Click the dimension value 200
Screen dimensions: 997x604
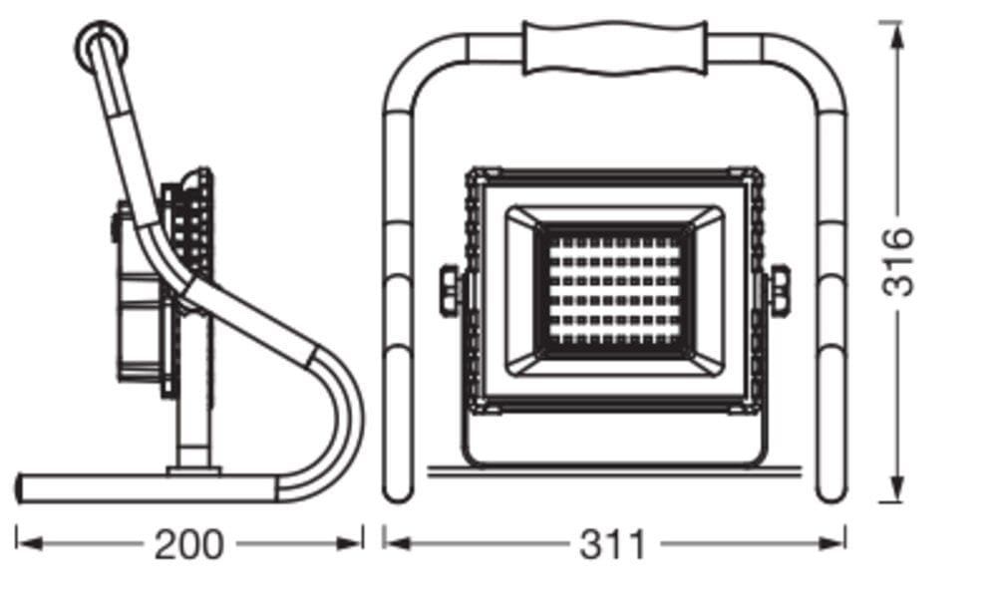tap(188, 545)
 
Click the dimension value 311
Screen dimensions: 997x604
tap(612, 545)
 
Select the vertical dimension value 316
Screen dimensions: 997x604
tap(898, 261)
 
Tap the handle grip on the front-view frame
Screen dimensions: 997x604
tap(615, 48)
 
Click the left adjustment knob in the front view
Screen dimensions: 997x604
tap(451, 289)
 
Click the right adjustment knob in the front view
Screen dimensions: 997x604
tap(779, 289)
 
